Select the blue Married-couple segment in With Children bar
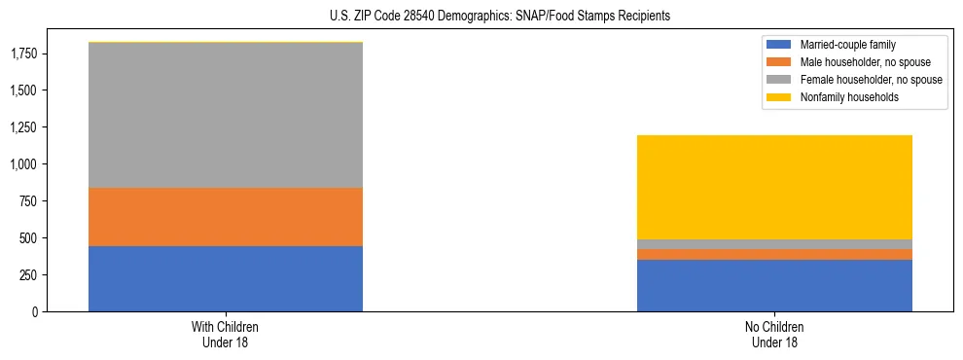pyautogui.click(x=225, y=278)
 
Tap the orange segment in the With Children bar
pyautogui.click(x=225, y=216)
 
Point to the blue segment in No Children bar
pyautogui.click(x=774, y=285)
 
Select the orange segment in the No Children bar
pyautogui.click(x=774, y=254)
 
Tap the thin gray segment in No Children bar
pyautogui.click(x=774, y=244)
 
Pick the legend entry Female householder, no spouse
pyautogui.click(x=871, y=80)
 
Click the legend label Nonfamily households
pyautogui.click(x=842, y=97)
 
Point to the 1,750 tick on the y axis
pyautogui.click(x=25, y=54)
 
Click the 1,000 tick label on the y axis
pyautogui.click(x=25, y=164)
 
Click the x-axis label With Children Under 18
pyautogui.click(x=225, y=335)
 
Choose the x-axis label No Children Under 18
pyautogui.click(x=774, y=335)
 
